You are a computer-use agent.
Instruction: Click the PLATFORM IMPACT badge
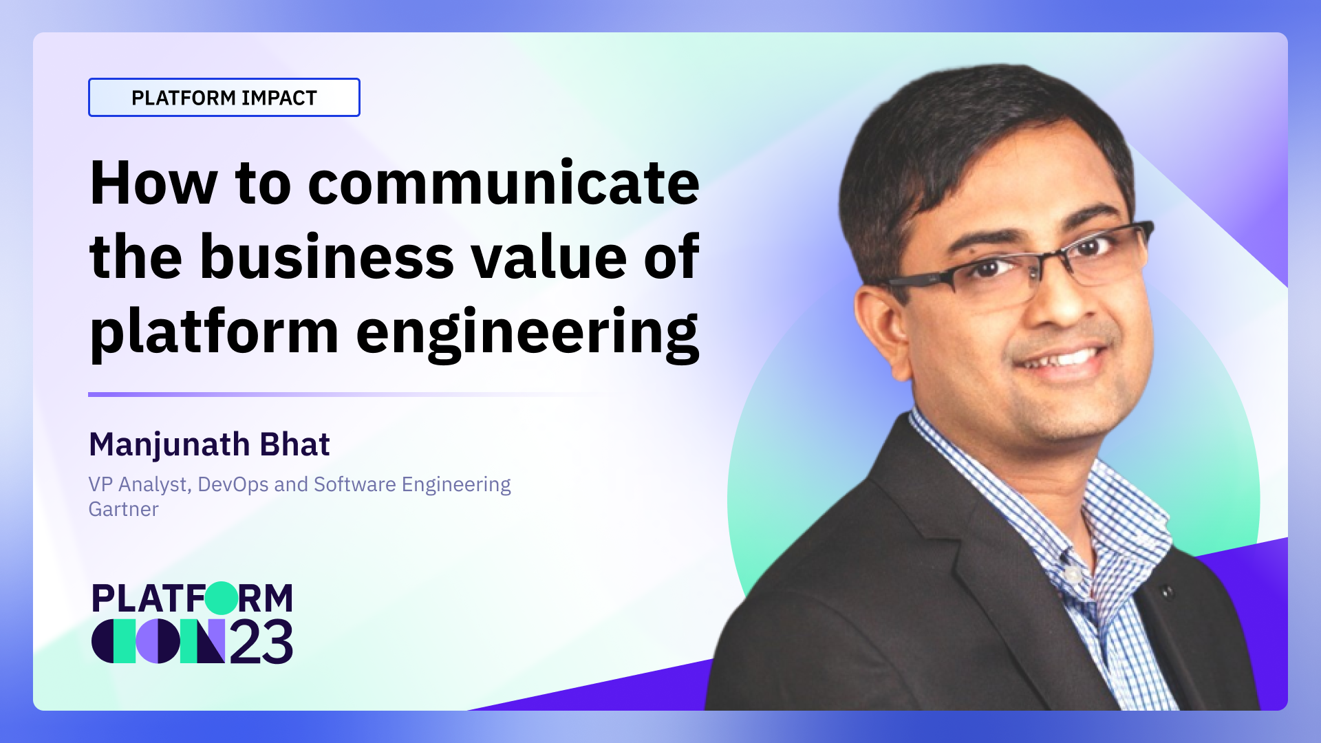[x=224, y=98]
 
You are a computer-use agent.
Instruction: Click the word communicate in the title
[x=504, y=183]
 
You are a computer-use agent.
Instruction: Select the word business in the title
[x=327, y=257]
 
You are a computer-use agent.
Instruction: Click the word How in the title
[x=154, y=183]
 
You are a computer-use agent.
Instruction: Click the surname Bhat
[x=295, y=444]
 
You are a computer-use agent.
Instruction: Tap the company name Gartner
[x=124, y=509]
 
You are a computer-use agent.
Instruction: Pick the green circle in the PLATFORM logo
[x=222, y=598]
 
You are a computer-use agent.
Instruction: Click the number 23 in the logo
[x=261, y=643]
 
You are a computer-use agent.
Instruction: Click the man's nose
[x=1056, y=303]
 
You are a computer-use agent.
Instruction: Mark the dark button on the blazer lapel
[x=1166, y=591]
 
